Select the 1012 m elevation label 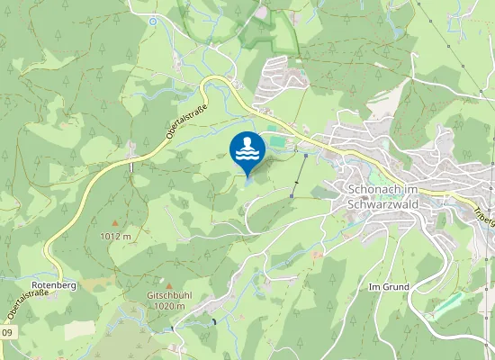(x=115, y=236)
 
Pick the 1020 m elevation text (x=169, y=306)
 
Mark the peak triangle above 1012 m (x=114, y=222)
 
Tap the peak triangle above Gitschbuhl (x=167, y=283)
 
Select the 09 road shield (x=6, y=333)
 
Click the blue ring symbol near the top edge (x=153, y=21)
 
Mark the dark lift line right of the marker (x=300, y=175)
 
